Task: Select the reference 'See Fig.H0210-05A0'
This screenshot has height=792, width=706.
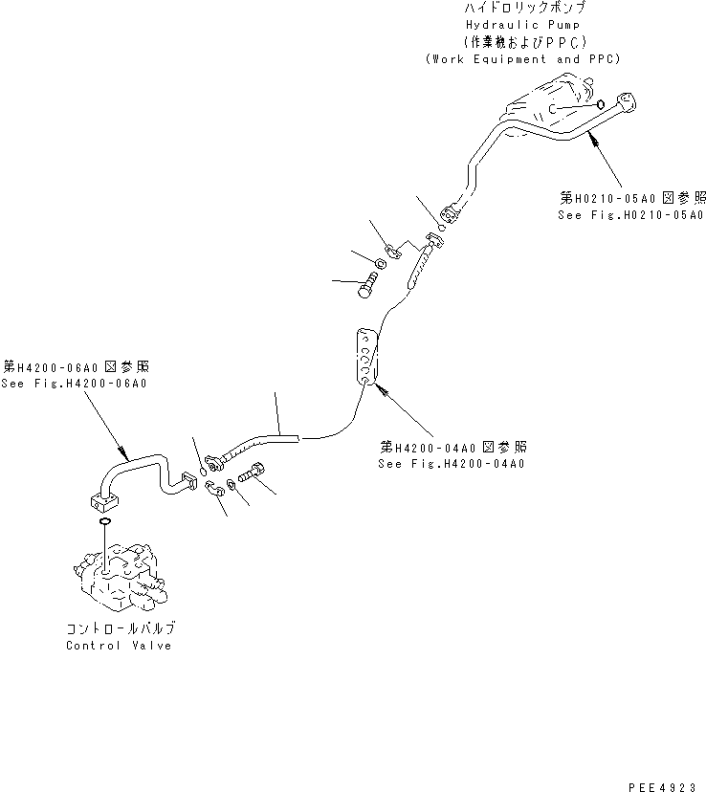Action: click(x=631, y=216)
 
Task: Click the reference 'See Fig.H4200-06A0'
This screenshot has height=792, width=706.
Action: click(x=77, y=384)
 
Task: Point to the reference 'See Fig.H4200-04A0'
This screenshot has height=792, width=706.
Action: click(x=452, y=464)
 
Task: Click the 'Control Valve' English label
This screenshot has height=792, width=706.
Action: click(x=119, y=646)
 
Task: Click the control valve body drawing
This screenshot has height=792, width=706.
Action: click(x=116, y=579)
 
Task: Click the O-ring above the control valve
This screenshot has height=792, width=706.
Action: click(x=103, y=522)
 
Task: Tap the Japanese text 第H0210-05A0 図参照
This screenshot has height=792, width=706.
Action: click(x=632, y=198)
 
